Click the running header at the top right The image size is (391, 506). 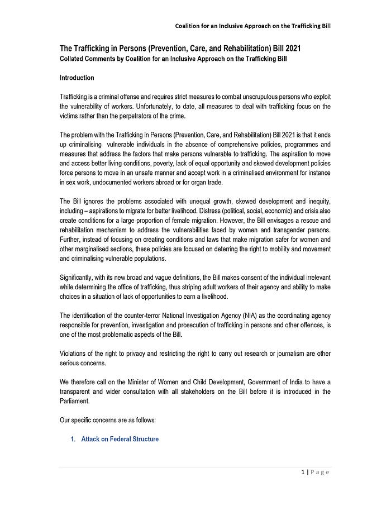(252, 26)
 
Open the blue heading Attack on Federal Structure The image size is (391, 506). (120, 439)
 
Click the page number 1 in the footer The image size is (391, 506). (302, 473)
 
